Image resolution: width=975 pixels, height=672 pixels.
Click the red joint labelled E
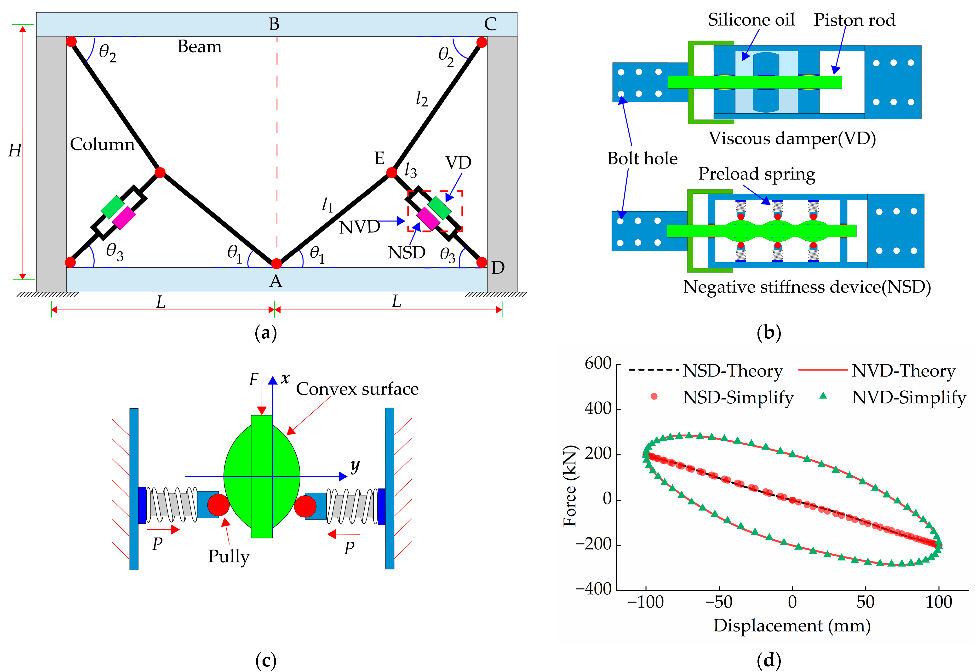point(391,172)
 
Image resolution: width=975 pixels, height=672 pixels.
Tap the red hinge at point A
point(276,264)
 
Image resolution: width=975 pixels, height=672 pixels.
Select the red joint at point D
point(482,262)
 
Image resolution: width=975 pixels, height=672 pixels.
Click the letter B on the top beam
point(274,24)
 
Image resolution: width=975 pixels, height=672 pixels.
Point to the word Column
point(102,145)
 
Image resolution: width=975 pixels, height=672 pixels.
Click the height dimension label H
point(15,150)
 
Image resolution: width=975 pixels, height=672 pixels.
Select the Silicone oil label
point(751,20)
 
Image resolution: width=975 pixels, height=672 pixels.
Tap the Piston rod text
point(854,20)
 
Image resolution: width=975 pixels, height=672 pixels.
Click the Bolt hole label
point(642,159)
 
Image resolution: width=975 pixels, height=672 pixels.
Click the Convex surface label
point(357,389)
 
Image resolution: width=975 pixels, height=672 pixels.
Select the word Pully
point(229,556)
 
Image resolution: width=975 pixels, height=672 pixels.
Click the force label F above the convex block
point(253,380)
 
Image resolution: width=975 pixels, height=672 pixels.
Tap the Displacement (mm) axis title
point(792,626)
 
